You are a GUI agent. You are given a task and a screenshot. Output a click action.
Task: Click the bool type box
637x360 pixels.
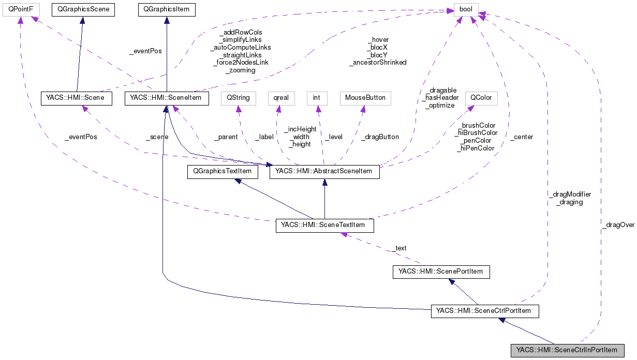pyautogui.click(x=466, y=9)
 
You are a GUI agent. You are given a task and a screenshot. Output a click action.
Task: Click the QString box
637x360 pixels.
pyautogui.click(x=238, y=97)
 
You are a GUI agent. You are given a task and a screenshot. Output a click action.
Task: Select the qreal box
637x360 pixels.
pyautogui.click(x=281, y=97)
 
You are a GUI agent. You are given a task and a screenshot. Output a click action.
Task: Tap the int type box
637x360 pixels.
pyautogui.click(x=317, y=97)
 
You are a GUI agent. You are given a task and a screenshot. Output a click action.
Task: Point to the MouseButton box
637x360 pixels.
pyautogui.click(x=365, y=97)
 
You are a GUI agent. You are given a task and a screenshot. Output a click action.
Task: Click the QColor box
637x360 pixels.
pyautogui.click(x=481, y=97)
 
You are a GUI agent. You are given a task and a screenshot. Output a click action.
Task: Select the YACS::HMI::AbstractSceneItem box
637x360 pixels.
pyautogui.click(x=324, y=172)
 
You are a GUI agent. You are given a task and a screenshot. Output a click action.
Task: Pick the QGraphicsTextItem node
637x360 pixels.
pyautogui.click(x=223, y=172)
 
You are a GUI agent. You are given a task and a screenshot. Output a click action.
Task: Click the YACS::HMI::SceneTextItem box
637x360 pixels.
pyautogui.click(x=324, y=226)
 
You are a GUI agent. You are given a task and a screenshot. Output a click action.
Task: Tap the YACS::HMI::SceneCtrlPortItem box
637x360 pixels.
pyautogui.click(x=485, y=311)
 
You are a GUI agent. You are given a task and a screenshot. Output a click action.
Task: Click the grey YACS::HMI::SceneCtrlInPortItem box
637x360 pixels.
pyautogui.click(x=567, y=351)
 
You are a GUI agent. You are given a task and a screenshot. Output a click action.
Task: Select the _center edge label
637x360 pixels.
pyautogui.click(x=521, y=137)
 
